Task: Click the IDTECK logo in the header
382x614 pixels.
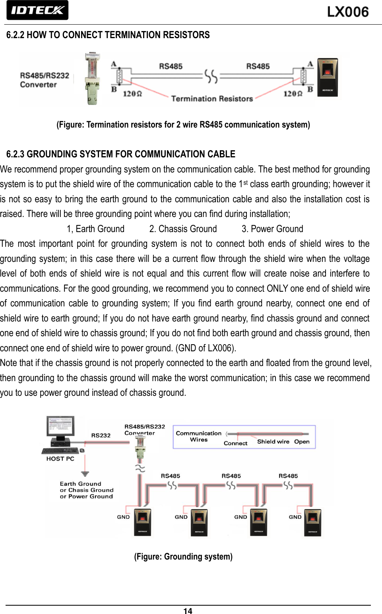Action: [x=37, y=10]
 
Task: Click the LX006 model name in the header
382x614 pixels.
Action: [x=348, y=12]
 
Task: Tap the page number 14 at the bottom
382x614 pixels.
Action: [x=188, y=611]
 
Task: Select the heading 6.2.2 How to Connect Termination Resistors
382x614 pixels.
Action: [x=108, y=35]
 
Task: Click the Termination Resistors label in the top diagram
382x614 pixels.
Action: [x=212, y=99]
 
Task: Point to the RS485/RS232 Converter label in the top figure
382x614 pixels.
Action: [x=44, y=80]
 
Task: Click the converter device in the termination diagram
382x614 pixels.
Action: [x=92, y=78]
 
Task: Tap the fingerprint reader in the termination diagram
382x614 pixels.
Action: [x=328, y=77]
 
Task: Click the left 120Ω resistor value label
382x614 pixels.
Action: [x=132, y=94]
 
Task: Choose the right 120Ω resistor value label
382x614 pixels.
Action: [x=293, y=94]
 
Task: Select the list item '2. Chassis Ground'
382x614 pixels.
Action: [x=183, y=229]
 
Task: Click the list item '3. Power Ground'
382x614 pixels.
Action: [x=272, y=229]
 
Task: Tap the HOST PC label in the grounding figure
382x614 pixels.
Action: [x=60, y=459]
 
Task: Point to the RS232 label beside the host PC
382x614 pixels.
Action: [x=101, y=436]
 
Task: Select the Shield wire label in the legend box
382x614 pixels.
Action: [x=273, y=442]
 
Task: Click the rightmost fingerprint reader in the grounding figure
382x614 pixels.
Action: [x=312, y=522]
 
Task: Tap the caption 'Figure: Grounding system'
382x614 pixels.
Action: [x=183, y=556]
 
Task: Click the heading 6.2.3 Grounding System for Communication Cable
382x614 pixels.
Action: [x=121, y=154]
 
